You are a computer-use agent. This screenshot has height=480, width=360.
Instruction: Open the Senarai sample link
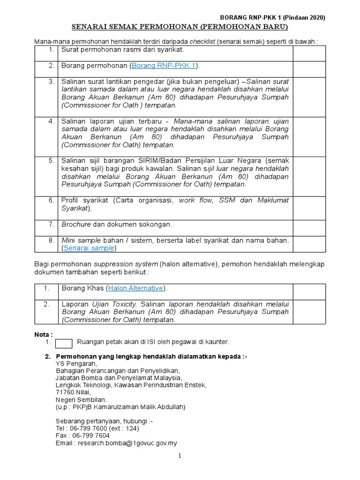point(90,248)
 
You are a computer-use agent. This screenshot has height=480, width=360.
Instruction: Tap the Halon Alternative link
point(135,288)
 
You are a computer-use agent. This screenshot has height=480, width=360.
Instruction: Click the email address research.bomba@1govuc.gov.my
point(127,443)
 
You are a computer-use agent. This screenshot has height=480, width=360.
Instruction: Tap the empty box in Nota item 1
point(64,344)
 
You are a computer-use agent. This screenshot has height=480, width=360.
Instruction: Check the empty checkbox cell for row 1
point(309,53)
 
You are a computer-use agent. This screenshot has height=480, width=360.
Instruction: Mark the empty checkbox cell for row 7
point(309,228)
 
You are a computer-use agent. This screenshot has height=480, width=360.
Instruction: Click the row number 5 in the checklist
point(51,161)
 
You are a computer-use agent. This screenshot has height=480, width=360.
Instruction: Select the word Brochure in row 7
point(76,225)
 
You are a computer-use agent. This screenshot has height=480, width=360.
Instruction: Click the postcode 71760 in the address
point(66,392)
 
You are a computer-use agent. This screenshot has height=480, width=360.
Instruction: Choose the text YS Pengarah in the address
point(76,363)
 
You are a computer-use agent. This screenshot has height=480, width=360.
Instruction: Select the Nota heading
point(44,334)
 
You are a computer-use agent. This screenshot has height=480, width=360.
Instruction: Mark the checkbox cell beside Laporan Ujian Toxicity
point(309,312)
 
